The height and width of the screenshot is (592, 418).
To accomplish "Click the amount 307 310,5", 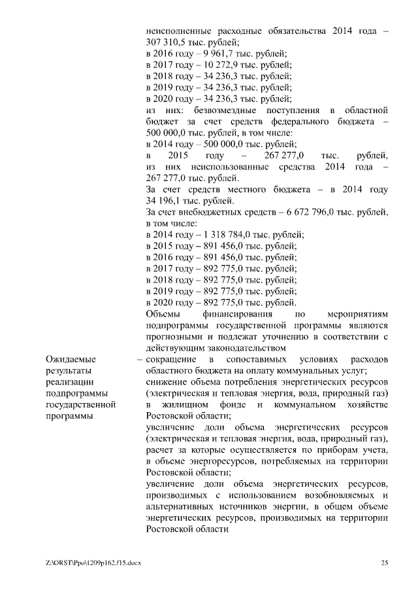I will (163, 42).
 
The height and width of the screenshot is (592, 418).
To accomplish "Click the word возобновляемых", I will (331, 495).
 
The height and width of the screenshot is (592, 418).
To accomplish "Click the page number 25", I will (385, 563).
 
